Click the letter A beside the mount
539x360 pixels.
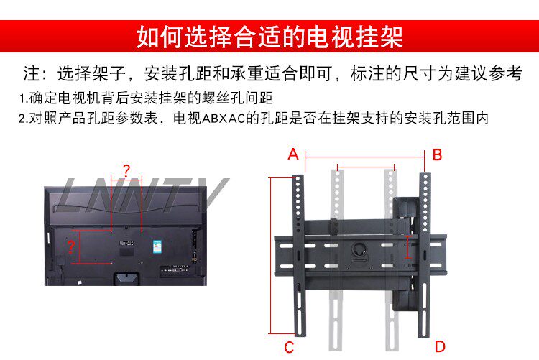292,154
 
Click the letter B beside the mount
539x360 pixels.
437,154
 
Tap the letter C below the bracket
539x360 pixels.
289,348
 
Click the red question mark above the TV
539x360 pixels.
126,171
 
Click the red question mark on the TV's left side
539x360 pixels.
70,248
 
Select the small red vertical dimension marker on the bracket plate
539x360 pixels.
407,249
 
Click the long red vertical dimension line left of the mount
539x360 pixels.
272,255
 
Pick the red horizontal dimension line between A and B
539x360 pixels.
365,155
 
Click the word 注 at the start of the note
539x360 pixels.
31,74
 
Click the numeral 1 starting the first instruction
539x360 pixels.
22,98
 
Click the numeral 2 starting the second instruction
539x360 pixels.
22,119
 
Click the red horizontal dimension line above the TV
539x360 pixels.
126,180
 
